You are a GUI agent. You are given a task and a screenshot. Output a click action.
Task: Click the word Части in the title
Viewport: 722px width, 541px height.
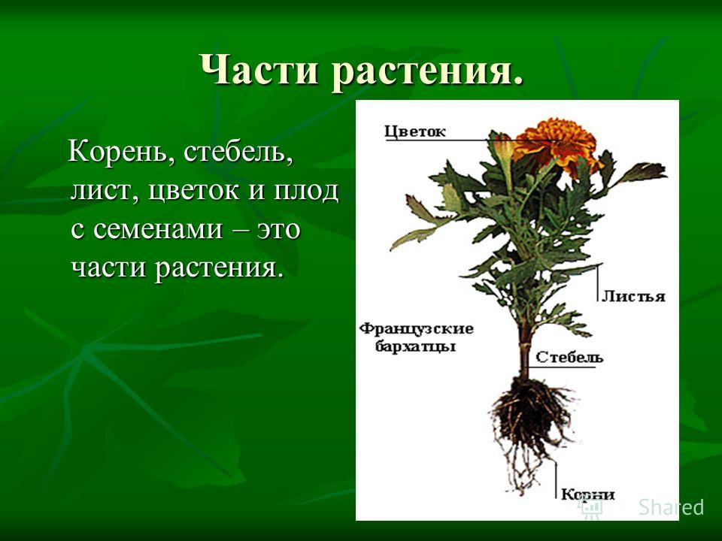pos(261,70)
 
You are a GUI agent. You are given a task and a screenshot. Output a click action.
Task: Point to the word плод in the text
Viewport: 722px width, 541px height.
pos(306,190)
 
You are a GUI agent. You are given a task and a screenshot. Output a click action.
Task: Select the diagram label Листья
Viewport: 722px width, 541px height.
pos(633,296)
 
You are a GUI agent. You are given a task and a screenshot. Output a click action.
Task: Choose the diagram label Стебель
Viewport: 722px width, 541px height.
pos(569,357)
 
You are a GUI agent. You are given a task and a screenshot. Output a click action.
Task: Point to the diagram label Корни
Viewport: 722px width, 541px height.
pos(587,494)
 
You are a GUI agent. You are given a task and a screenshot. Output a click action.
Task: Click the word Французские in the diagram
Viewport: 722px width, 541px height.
pos(416,329)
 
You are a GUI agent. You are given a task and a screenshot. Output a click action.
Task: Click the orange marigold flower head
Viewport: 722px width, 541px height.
pos(557,143)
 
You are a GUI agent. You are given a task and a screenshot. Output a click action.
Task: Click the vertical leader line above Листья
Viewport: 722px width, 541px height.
pos(598,283)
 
